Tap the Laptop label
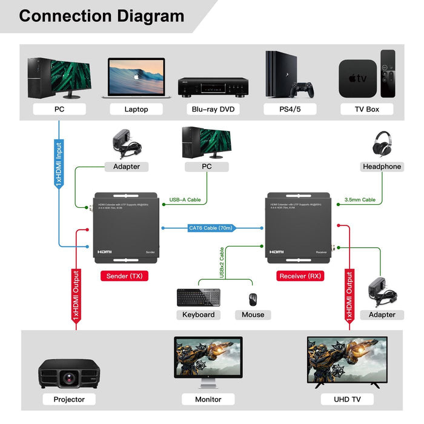click(136, 110)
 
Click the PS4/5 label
click(290, 110)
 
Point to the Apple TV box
click(357, 78)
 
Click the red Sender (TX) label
click(124, 276)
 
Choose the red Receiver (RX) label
click(301, 276)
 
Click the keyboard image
click(198, 297)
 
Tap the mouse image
click(253, 299)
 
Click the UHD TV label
click(347, 399)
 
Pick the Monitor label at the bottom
click(208, 399)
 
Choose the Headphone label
click(382, 167)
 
